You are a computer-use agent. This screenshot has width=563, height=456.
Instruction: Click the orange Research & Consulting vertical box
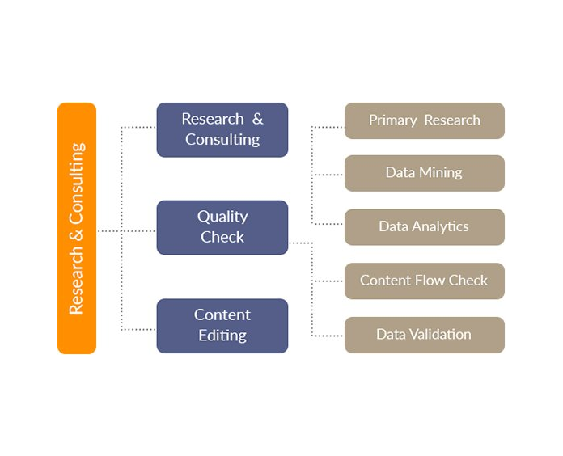(x=77, y=228)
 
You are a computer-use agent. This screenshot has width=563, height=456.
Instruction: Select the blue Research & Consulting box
(x=222, y=129)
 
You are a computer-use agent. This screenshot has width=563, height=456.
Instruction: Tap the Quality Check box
(x=222, y=227)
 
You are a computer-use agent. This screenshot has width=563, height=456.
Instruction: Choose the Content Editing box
(x=222, y=326)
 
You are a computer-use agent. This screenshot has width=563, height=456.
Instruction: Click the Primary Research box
(x=424, y=120)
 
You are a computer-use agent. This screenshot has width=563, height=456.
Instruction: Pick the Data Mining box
(x=424, y=173)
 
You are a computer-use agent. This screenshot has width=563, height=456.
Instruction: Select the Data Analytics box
(x=424, y=227)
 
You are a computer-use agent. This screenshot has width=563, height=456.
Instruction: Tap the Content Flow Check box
(x=424, y=281)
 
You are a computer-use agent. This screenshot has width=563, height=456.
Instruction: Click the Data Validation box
(x=424, y=335)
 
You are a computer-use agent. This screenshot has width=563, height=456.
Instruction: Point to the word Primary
(x=392, y=120)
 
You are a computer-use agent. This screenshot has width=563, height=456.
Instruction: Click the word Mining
(x=442, y=173)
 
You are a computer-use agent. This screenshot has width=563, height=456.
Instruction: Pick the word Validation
(x=442, y=335)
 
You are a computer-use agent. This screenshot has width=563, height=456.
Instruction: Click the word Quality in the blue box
(x=222, y=217)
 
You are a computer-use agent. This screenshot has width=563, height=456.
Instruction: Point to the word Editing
(x=222, y=336)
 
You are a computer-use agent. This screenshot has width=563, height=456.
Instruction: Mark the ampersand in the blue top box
(x=257, y=119)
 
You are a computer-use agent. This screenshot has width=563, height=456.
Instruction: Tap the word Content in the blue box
(x=222, y=315)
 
